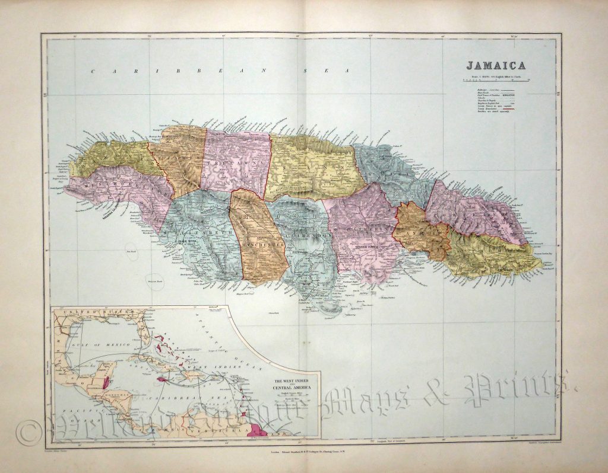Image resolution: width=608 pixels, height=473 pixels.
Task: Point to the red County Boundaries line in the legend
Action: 508,109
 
